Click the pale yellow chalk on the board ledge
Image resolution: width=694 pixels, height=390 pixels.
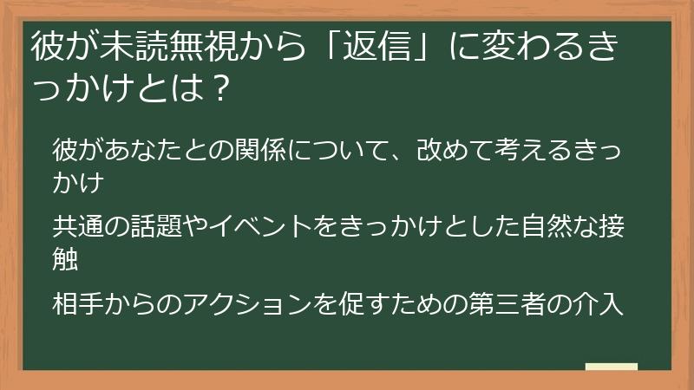point(611,367)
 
